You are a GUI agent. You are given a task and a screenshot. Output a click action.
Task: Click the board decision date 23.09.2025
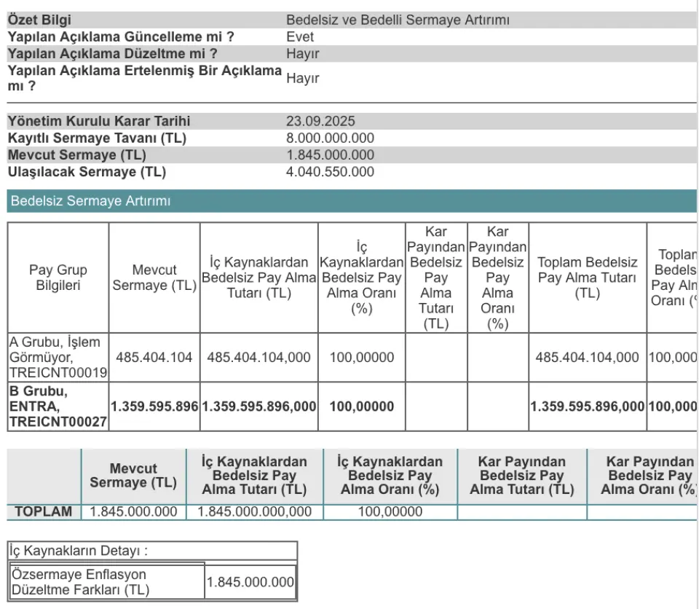(320, 122)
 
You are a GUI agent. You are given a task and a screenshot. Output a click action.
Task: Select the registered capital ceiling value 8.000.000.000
(330, 138)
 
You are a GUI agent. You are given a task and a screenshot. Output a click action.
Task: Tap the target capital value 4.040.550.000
(330, 172)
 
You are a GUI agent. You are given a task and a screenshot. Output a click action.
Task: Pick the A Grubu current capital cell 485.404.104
(154, 358)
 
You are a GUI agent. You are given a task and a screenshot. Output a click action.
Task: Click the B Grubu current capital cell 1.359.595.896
(154, 406)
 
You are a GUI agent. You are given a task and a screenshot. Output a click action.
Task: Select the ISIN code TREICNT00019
(58, 372)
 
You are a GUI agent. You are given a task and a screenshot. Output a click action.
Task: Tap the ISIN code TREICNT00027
(58, 421)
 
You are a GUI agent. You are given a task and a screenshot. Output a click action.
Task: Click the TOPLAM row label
(44, 511)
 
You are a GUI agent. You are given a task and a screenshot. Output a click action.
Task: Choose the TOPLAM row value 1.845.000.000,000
(255, 511)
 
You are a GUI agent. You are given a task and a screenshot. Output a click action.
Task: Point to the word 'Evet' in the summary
(300, 36)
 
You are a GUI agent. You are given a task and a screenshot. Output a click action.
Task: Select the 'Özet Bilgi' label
(39, 20)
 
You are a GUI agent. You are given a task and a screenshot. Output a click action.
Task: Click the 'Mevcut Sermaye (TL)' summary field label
(76, 155)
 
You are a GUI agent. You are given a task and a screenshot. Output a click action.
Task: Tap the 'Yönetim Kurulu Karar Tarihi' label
(99, 122)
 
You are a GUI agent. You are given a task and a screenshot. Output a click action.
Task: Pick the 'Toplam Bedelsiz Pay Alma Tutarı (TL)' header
(587, 278)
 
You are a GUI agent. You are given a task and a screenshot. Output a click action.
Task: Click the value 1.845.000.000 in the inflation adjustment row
(250, 582)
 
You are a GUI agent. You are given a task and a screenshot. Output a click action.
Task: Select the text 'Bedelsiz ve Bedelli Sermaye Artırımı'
(398, 20)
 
